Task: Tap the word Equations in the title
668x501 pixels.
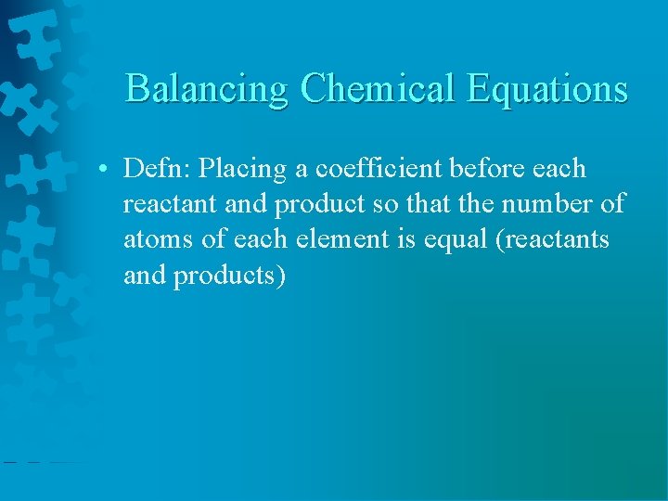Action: click(x=547, y=89)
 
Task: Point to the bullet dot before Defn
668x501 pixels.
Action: click(x=109, y=170)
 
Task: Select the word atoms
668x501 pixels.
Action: click(x=159, y=239)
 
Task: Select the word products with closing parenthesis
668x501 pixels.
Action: click(x=233, y=275)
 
